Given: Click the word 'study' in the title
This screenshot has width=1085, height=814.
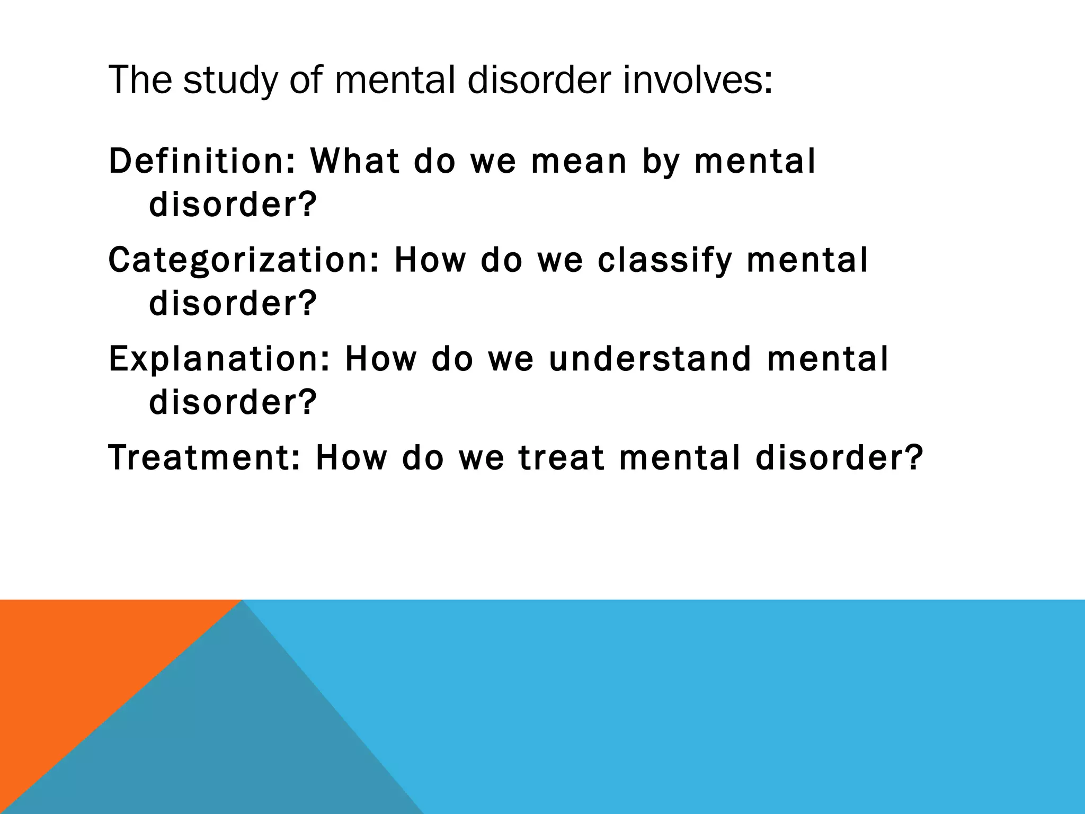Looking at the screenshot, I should pos(230,81).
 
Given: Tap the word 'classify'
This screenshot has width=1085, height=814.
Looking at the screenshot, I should pos(664,261).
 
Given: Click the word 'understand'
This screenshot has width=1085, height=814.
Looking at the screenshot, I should pos(650,359).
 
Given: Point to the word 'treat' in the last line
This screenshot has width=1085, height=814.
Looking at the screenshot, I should pos(562,457).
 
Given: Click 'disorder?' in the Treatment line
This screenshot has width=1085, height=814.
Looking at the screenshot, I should pos(839,457).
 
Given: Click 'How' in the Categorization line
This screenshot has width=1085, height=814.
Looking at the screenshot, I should pos(429,260).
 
